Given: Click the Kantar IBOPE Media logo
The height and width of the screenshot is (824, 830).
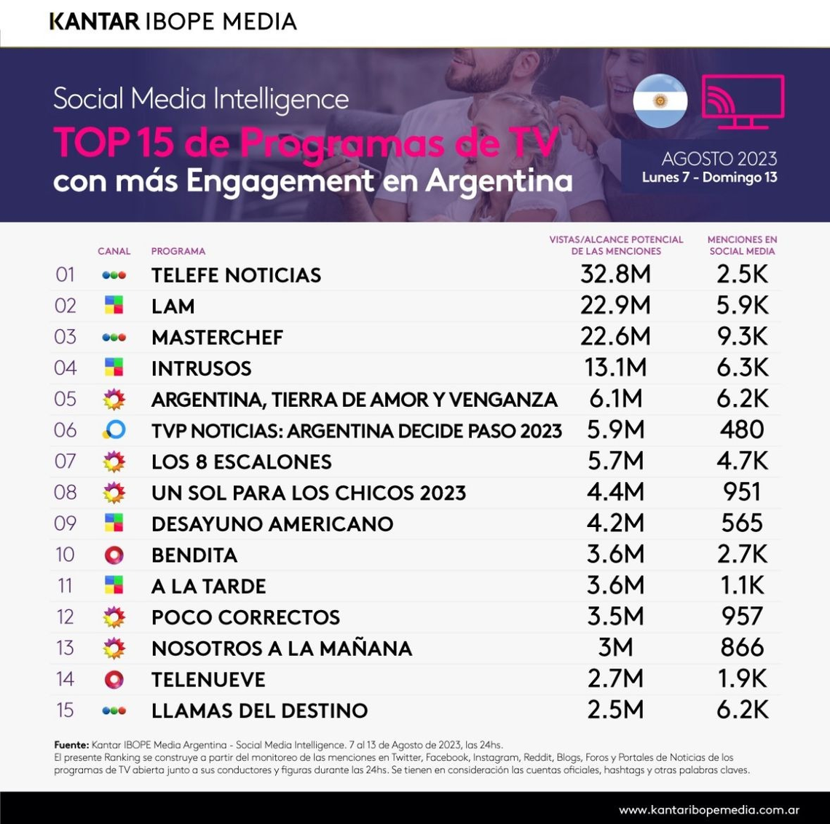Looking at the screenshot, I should point(173,22).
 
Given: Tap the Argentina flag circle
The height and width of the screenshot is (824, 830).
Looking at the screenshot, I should point(660,100).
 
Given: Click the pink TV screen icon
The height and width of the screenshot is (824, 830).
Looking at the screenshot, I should point(742,102).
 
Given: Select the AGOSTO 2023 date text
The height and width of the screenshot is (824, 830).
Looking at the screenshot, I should point(719,159).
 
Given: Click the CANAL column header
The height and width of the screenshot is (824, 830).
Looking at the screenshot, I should point(114,251).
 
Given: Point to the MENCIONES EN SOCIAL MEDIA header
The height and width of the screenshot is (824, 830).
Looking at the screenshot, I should point(742,245).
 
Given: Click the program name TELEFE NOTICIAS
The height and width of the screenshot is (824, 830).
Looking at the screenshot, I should point(236,275).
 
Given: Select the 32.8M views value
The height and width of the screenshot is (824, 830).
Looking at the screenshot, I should point(615,274).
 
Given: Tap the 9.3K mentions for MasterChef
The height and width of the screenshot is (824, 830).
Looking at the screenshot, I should point(742,336).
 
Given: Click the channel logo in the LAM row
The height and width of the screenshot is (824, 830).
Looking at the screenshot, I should point(114,306).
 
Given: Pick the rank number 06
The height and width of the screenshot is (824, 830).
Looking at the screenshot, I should point(66,430).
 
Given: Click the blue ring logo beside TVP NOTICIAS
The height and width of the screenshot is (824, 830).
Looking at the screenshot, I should point(114,430).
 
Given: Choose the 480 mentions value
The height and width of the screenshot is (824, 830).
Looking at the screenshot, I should point(742,429).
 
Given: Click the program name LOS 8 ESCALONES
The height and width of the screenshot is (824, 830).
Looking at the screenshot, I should point(241,462).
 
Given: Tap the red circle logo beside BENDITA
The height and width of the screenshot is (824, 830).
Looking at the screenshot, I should point(114,555).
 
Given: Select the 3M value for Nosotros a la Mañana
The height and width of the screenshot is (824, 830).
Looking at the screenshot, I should point(615,648).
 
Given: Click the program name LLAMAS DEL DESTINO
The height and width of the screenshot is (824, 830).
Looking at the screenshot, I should point(259,710).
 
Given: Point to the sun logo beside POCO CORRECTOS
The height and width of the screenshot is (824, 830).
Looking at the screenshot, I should point(114,617).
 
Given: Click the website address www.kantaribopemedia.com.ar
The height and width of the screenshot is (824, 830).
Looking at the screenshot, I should point(708,810).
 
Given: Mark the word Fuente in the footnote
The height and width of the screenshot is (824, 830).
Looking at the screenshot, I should point(71,745).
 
